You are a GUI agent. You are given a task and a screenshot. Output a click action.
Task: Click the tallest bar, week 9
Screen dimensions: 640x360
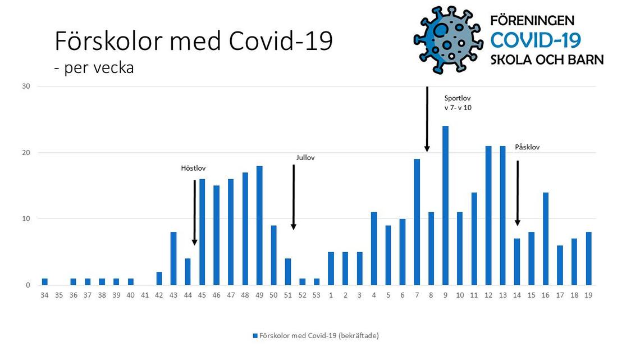pos(445,206)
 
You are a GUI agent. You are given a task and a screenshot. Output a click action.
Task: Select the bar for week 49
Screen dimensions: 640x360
pos(259,225)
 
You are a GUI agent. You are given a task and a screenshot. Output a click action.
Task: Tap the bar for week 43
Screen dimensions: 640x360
pos(173,258)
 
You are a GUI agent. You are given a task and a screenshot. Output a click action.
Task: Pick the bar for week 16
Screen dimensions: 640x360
pos(546,239)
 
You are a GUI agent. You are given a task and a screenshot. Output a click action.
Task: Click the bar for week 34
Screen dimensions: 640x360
pos(45,281)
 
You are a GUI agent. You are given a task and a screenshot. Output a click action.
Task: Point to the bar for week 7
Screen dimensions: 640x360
pos(417,222)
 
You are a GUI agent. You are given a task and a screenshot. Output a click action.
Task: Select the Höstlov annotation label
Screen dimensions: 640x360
pos(194,168)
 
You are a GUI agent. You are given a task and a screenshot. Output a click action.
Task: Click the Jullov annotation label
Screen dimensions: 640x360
pos(305,158)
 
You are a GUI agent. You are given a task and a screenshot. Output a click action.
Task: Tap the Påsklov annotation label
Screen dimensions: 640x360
pos(527,147)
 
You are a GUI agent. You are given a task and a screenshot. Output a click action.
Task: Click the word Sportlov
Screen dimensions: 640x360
pos(458,98)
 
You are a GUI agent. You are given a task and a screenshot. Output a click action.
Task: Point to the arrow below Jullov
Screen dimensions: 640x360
pos(294,197)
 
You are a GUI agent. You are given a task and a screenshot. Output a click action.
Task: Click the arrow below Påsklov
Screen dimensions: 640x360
pos(518,193)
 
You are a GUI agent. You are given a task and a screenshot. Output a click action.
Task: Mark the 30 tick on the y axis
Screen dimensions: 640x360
pos(26,86)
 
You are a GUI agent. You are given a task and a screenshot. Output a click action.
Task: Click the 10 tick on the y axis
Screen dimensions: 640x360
pos(26,219)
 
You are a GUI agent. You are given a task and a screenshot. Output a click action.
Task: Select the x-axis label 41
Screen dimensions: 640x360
pos(145,295)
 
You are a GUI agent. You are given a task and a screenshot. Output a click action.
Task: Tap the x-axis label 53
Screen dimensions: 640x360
pos(316,295)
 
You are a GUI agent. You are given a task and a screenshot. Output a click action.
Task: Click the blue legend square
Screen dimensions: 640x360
pos(255,336)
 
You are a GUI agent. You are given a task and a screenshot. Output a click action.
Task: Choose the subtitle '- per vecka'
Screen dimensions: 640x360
pos(94,68)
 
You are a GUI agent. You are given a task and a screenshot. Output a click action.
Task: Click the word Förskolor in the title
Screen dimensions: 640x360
pos(108,41)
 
